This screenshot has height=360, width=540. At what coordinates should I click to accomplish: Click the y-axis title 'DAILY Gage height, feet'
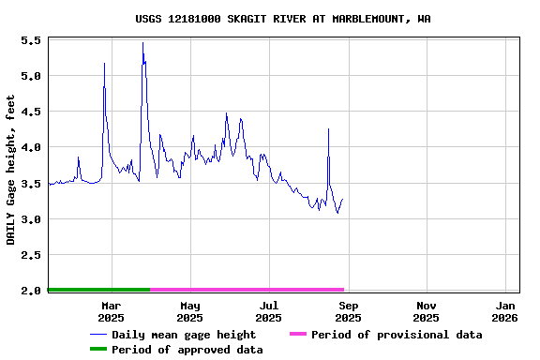[x=11, y=170]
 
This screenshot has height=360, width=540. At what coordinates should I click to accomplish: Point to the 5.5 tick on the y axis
[x=30, y=41]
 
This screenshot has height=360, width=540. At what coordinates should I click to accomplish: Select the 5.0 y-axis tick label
[x=30, y=76]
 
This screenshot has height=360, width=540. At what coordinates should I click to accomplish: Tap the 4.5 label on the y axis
[x=30, y=112]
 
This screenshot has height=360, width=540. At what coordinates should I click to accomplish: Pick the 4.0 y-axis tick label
[x=30, y=147]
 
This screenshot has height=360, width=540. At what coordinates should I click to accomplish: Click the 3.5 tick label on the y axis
[x=30, y=184]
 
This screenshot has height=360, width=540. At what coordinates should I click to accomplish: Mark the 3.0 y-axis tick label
[x=30, y=219]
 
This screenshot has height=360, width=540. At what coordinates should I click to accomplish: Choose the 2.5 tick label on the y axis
[x=30, y=255]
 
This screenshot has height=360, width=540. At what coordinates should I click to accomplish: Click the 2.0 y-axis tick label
[x=30, y=291]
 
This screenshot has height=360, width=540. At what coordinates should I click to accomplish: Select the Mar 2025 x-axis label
[x=111, y=311]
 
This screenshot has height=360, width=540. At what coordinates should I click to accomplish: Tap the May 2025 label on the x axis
[x=189, y=311]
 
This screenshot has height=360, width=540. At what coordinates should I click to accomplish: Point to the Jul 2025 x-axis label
[x=269, y=311]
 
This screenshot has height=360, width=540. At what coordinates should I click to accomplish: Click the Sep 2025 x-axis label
[x=348, y=311]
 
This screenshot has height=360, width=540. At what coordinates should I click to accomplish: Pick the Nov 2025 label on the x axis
[x=427, y=311]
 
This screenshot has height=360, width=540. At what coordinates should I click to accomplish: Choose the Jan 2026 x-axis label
[x=505, y=311]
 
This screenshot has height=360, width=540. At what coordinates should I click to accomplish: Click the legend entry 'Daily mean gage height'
[x=184, y=335]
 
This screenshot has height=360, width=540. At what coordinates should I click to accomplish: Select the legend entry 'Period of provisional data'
[x=397, y=335]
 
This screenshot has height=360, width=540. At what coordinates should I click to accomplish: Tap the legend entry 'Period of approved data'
[x=187, y=350]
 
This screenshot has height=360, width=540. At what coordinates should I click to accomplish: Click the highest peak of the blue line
[x=142, y=43]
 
